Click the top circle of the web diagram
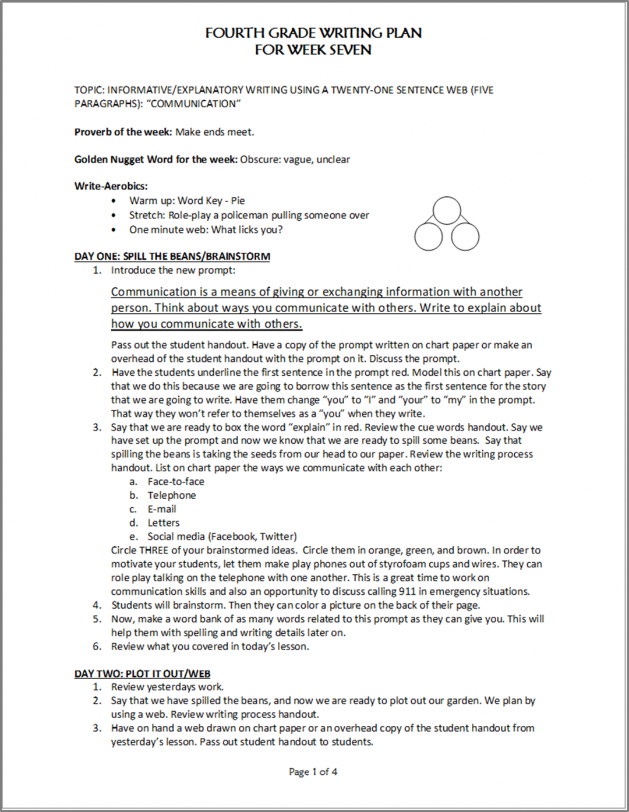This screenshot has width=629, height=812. (447, 210)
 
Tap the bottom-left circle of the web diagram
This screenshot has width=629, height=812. (429, 236)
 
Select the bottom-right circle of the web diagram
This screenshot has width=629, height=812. (465, 236)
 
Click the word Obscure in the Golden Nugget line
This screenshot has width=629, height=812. (260, 160)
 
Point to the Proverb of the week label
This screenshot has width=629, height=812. (123, 132)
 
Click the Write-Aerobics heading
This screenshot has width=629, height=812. (111, 186)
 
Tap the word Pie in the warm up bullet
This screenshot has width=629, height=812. (238, 201)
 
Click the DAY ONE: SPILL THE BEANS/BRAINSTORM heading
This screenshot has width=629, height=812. (172, 256)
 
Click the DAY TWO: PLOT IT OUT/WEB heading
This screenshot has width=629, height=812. (142, 674)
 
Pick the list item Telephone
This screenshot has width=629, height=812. (171, 496)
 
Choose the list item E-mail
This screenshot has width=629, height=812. (161, 509)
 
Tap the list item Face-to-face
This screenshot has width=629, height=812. (175, 482)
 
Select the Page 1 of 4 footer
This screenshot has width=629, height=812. (313, 772)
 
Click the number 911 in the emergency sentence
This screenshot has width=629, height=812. (407, 592)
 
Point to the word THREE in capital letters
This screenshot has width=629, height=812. (154, 550)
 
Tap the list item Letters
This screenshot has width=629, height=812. (163, 523)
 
